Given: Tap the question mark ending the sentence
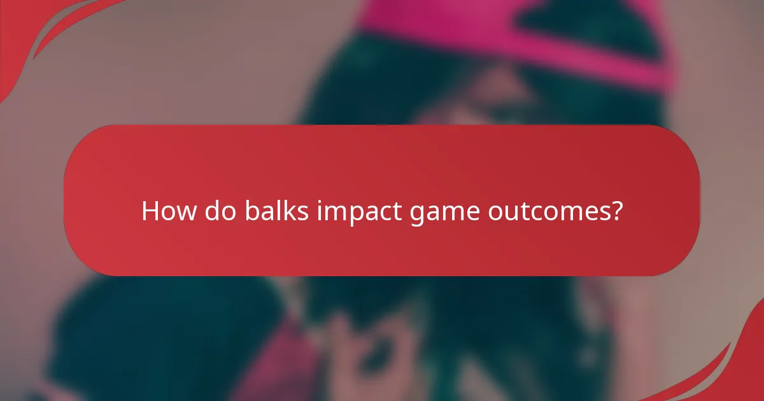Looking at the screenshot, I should [x=615, y=211].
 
